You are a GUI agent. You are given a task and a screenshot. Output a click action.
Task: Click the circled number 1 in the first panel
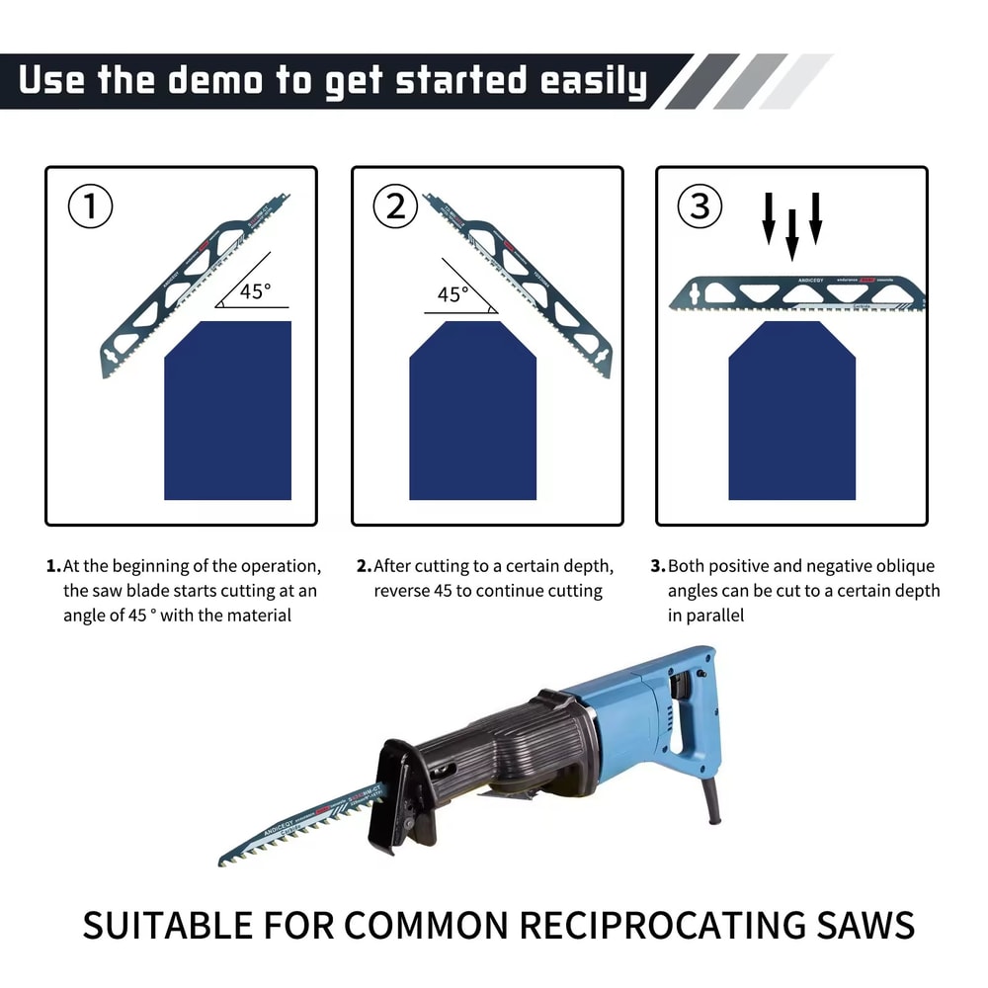coord(90,207)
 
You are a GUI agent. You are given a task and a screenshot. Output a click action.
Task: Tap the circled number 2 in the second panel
coord(395,207)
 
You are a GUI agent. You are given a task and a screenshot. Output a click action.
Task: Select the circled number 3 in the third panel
coord(700,207)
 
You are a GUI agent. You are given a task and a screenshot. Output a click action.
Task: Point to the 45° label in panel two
coord(453,294)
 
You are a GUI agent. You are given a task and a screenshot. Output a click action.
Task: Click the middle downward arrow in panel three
coord(791,234)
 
